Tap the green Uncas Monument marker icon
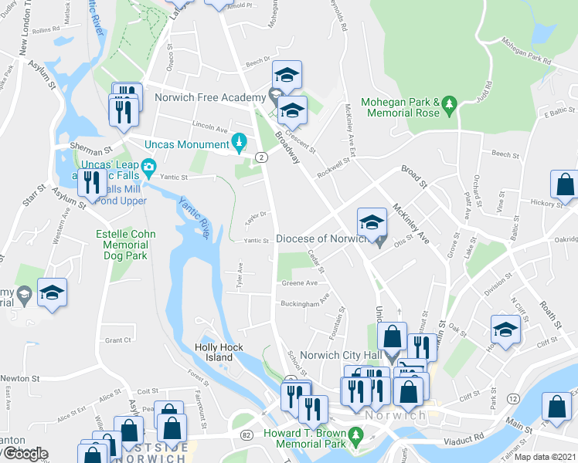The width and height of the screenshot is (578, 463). click(x=240, y=142)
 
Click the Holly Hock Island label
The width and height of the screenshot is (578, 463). click(x=225, y=352)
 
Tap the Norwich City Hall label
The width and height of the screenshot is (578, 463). click(x=338, y=357)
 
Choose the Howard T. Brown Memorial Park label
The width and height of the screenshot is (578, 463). click(x=307, y=440)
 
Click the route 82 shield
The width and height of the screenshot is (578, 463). click(x=246, y=435)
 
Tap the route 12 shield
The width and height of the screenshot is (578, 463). click(x=512, y=397)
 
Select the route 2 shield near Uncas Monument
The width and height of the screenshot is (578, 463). click(x=262, y=157)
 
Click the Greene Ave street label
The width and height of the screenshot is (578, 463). click(x=299, y=283)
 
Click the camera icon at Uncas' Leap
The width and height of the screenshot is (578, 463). click(x=148, y=166)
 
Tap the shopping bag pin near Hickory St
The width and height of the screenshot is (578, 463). click(x=565, y=185)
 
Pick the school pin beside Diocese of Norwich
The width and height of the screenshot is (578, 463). click(x=371, y=223)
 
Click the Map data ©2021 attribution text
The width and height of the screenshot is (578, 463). click(x=544, y=457)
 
